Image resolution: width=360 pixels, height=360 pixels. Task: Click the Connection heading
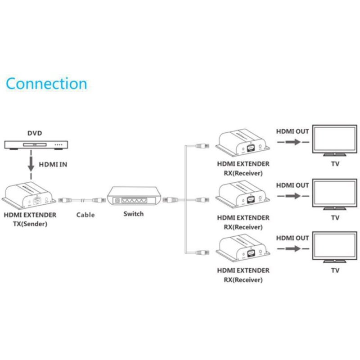[46, 84]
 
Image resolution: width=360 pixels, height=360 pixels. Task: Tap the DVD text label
[35, 133]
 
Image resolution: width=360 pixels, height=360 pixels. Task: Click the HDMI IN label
[53, 165]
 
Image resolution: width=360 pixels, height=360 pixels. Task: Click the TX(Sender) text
[30, 224]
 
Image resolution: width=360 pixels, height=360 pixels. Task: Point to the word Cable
[85, 215]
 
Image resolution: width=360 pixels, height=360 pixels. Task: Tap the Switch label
[133, 214]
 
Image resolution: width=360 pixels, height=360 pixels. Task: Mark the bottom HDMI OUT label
[292, 238]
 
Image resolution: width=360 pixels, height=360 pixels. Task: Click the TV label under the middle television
[335, 217]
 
